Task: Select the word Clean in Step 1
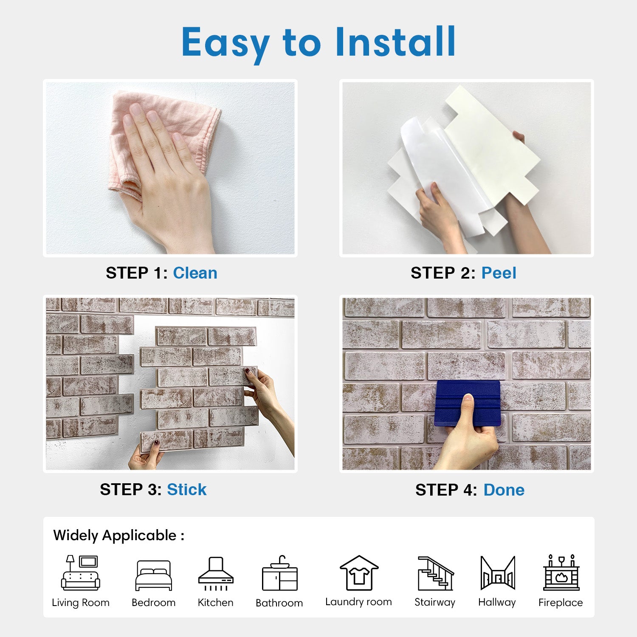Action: click(x=195, y=273)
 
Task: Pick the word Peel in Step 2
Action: click(x=499, y=273)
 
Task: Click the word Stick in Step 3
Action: click(x=186, y=489)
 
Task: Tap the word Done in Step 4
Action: click(x=504, y=490)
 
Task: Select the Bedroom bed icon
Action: click(x=154, y=575)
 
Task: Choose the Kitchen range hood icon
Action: click(x=216, y=574)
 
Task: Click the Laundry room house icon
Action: click(x=359, y=573)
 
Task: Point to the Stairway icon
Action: click(x=435, y=573)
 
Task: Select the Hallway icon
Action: click(x=498, y=573)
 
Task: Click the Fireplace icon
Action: click(x=561, y=572)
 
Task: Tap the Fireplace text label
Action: click(x=561, y=603)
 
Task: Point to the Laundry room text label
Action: click(x=358, y=602)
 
